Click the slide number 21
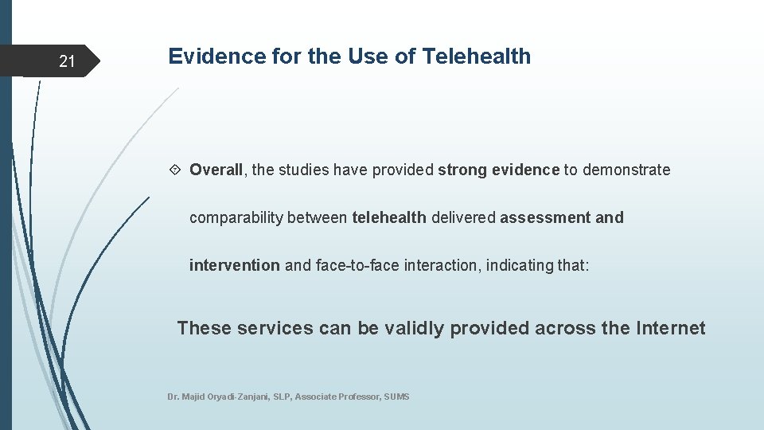pos(67,61)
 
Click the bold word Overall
pos(216,170)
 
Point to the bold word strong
pos(462,170)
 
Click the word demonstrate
pos(626,170)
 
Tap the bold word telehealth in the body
pos(389,217)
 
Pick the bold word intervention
pos(234,265)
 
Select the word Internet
pos(671,328)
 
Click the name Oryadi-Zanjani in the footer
pos(231,397)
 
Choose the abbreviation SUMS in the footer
pos(396,397)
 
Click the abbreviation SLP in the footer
pos(282,397)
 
